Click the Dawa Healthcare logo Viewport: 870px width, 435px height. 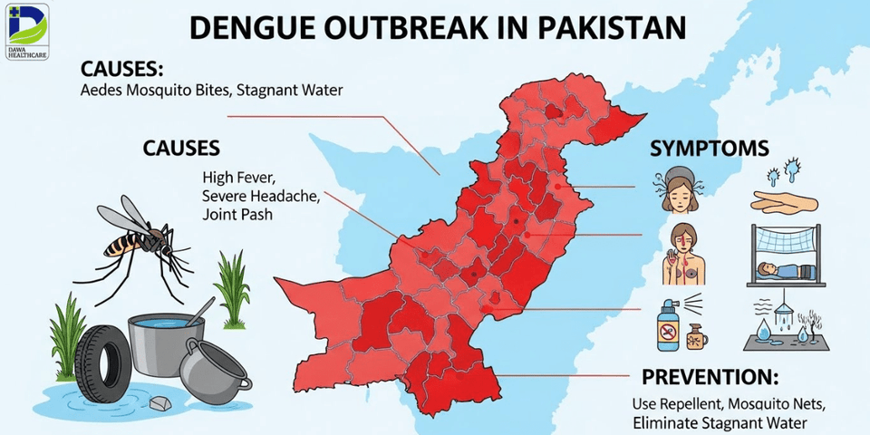tap(25, 30)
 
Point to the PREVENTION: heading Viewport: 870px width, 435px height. tap(710, 378)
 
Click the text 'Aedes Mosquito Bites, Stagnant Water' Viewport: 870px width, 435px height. tap(211, 91)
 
